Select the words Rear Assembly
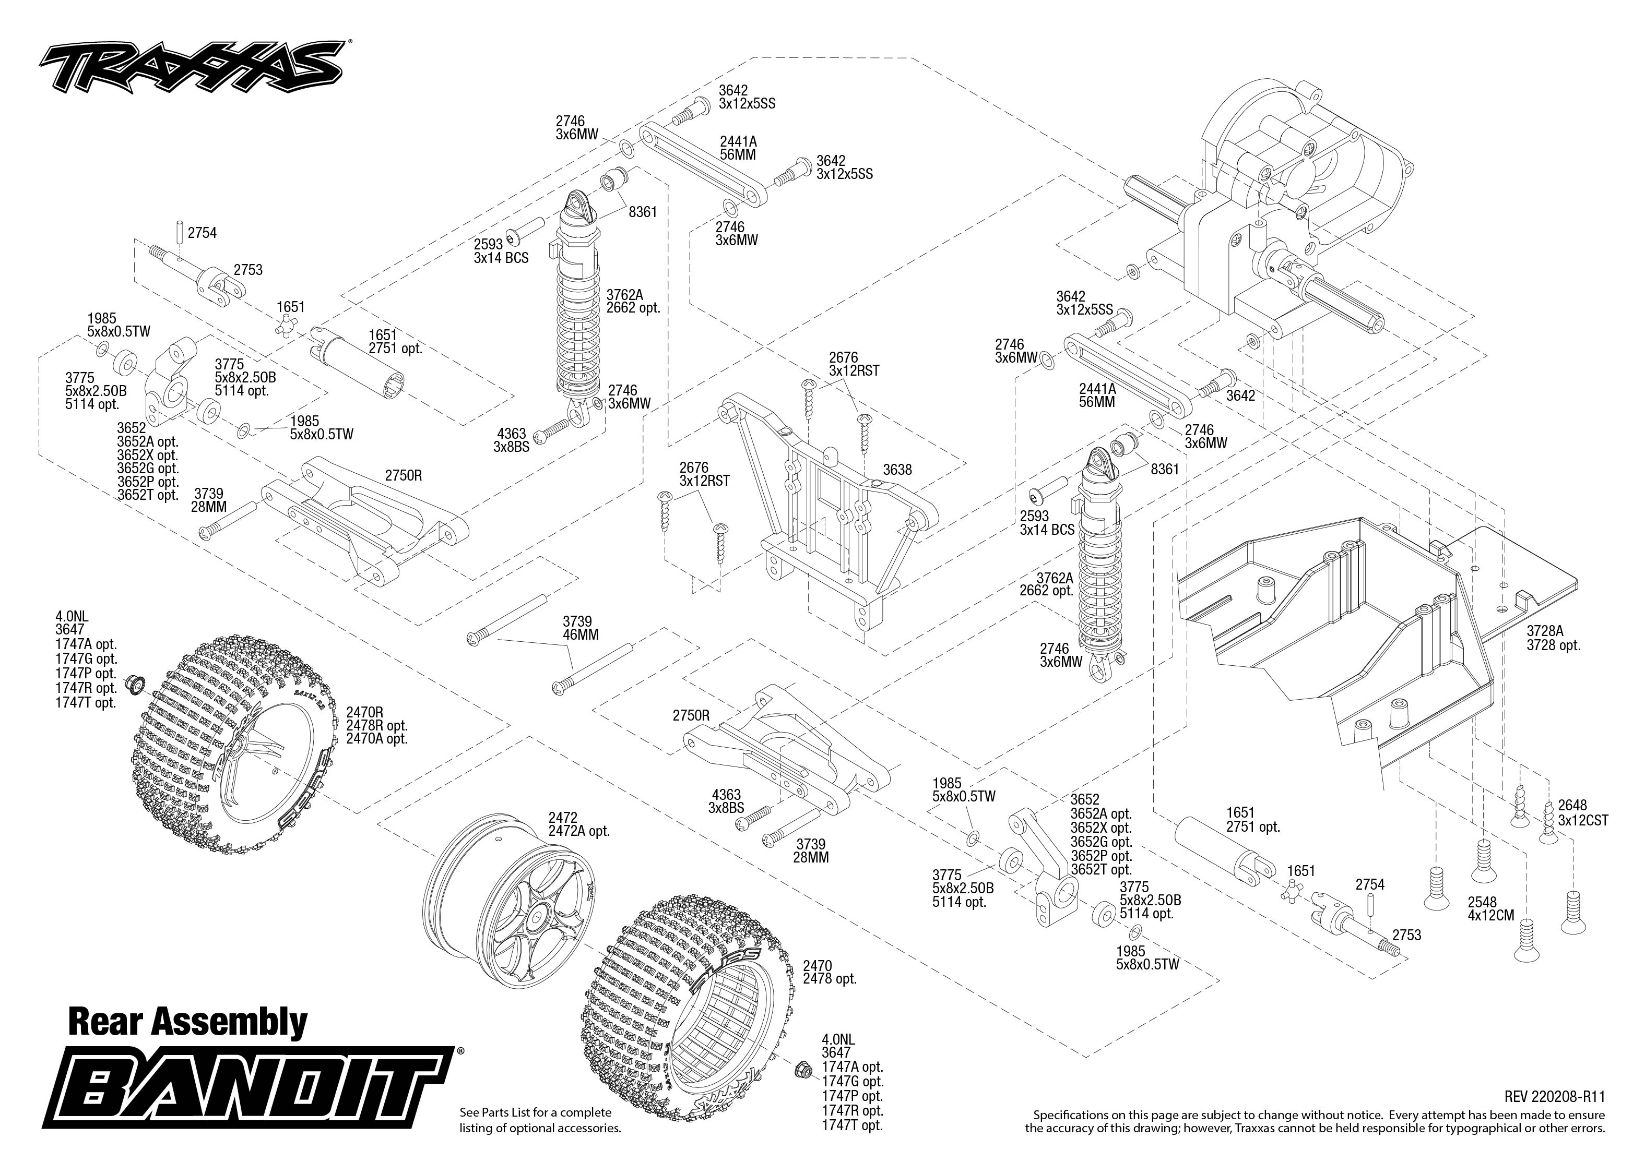[x=187, y=1022]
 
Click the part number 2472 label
[x=563, y=818]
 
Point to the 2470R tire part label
[x=364, y=712]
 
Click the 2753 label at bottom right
[x=1406, y=935]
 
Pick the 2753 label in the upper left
[x=247, y=270]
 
